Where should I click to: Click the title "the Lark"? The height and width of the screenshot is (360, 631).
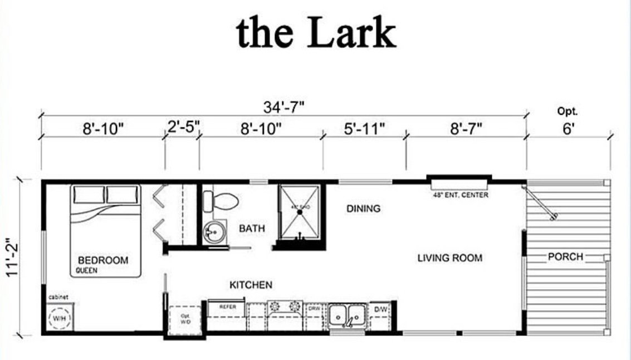click(x=316, y=32)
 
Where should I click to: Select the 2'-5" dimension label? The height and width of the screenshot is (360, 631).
click(x=183, y=128)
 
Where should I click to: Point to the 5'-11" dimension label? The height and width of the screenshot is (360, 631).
click(x=364, y=129)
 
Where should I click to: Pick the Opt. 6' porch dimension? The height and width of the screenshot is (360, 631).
click(x=568, y=123)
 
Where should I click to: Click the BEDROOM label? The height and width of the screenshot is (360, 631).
click(x=103, y=260)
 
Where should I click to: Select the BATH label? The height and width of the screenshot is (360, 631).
click(x=252, y=228)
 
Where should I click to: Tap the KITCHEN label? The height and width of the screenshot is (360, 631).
click(x=251, y=285)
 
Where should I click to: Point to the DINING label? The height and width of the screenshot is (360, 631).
click(x=363, y=209)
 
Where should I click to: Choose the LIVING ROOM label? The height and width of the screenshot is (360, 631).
click(x=450, y=258)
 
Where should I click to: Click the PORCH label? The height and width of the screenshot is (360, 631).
click(x=565, y=257)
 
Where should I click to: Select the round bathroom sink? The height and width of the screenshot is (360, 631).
click(x=212, y=231)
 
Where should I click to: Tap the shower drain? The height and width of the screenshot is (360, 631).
click(x=299, y=212)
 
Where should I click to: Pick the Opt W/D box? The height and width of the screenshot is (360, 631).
click(x=184, y=319)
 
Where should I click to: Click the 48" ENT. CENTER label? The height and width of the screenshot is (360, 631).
click(x=460, y=196)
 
